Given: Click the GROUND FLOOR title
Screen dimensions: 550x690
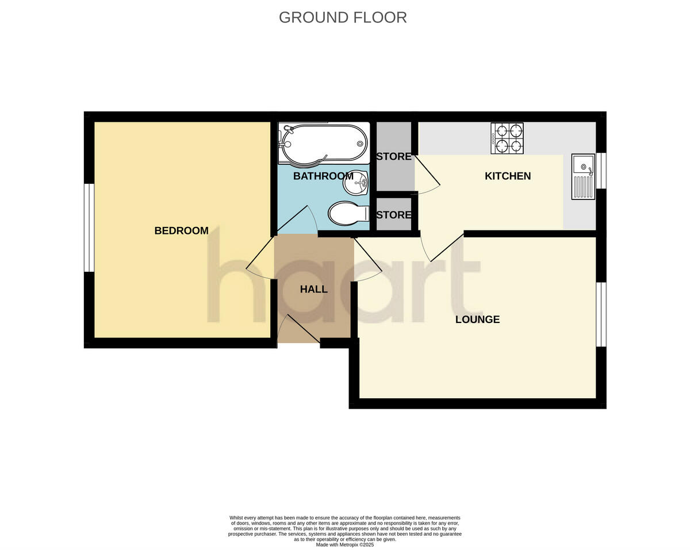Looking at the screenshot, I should (343, 17).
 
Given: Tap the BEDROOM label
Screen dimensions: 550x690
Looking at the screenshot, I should (181, 230).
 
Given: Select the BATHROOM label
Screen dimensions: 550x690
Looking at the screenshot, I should (323, 176).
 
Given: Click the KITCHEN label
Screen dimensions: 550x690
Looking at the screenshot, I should (508, 176).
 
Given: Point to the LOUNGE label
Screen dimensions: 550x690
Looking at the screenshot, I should (477, 320).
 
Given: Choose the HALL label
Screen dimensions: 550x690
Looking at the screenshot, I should (313, 289).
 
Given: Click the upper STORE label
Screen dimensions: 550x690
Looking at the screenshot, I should (394, 156).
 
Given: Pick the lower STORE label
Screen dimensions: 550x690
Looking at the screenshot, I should (394, 215).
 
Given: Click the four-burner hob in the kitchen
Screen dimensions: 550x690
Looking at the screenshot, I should (507, 139).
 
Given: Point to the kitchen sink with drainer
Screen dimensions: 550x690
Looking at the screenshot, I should (582, 176).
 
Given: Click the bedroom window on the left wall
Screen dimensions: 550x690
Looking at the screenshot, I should (89, 227).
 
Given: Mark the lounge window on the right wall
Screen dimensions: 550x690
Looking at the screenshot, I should (601, 314).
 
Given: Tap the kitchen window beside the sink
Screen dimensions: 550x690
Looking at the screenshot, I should (601, 171).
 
